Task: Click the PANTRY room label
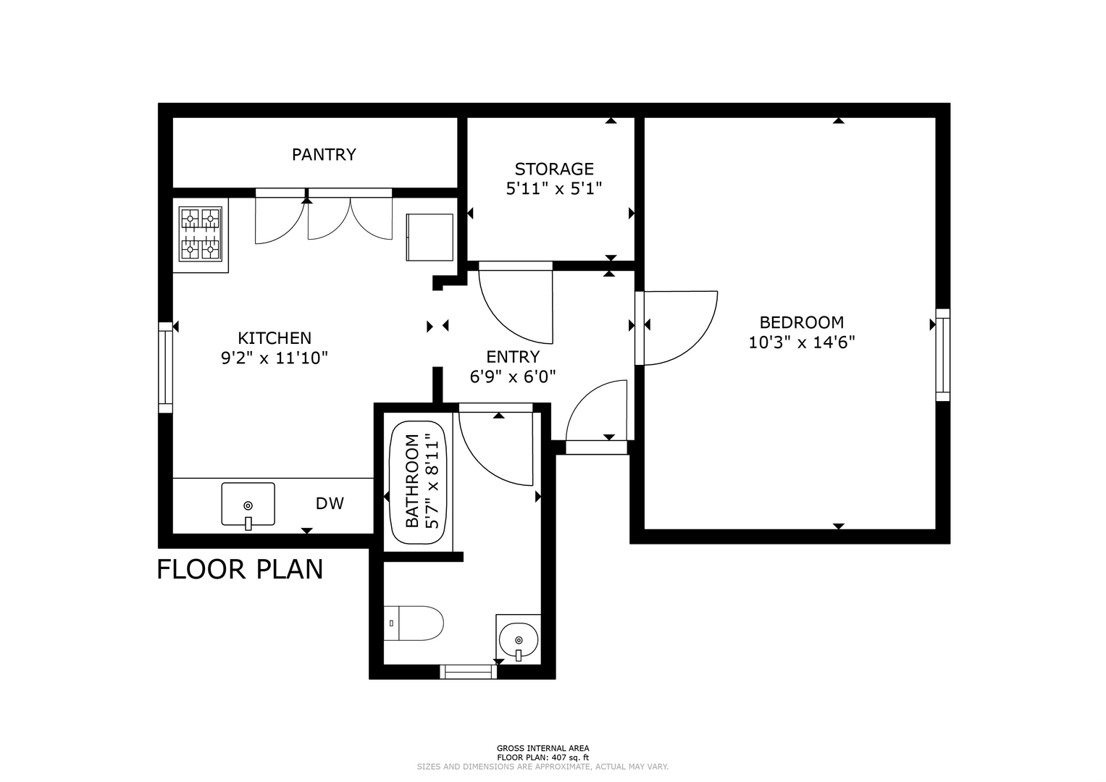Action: [x=324, y=154]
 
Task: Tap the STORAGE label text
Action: [x=554, y=169]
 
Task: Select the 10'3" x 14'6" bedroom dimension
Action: [x=802, y=342]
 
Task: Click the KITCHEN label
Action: [x=275, y=338]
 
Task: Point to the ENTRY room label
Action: [x=513, y=356]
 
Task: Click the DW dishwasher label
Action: [x=330, y=503]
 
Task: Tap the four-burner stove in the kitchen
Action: [x=201, y=234]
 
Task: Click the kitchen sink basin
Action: [x=248, y=504]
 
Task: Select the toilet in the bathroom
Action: [x=414, y=623]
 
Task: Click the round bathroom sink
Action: [x=519, y=640]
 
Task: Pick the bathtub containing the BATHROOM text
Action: [x=418, y=482]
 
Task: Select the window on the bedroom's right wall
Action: [x=942, y=355]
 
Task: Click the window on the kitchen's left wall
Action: [x=165, y=367]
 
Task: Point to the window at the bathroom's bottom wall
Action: [x=468, y=671]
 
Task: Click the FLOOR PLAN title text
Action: [x=240, y=569]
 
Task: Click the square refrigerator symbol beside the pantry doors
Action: [x=430, y=237]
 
